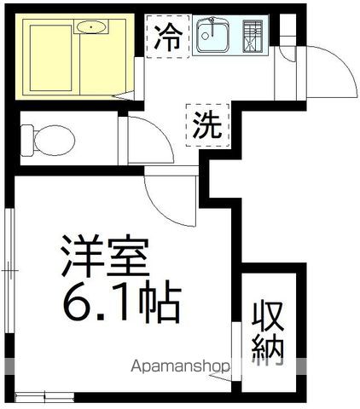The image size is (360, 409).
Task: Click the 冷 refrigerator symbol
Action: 167,37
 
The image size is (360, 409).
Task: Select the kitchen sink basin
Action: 213,37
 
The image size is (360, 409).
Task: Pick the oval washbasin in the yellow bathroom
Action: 90,28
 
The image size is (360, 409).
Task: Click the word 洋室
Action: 105,255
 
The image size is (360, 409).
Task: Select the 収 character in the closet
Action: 267,315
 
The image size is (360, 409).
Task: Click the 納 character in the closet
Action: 267,348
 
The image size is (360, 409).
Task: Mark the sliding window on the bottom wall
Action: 44,395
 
